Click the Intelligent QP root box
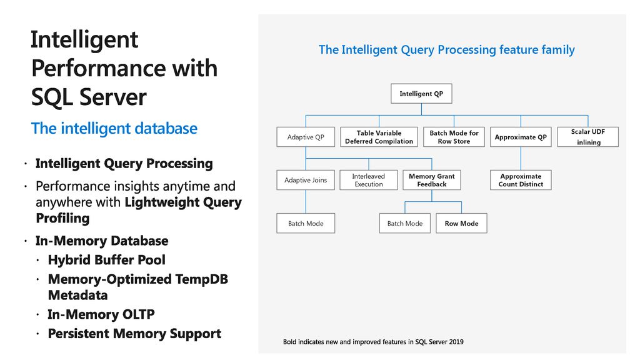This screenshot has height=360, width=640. (421, 94)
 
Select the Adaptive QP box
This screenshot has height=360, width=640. (306, 137)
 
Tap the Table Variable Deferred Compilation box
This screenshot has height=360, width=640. (379, 137)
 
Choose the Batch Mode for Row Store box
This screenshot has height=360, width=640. (454, 137)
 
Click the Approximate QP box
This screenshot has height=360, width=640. (521, 137)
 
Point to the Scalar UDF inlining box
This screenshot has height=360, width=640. (587, 137)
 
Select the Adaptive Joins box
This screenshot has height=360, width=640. (306, 180)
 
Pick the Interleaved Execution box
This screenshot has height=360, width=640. (369, 180)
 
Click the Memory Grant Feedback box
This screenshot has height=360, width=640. (432, 180)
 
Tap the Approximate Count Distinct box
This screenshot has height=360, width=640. (521, 180)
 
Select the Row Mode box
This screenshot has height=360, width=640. (462, 223)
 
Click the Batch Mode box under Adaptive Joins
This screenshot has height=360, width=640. (306, 223)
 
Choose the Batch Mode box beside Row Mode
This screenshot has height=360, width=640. (405, 223)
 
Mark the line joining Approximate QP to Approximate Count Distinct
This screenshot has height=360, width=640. (521, 158)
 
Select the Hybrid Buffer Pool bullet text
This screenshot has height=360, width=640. (106, 259)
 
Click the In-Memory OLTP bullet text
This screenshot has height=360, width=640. (101, 314)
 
